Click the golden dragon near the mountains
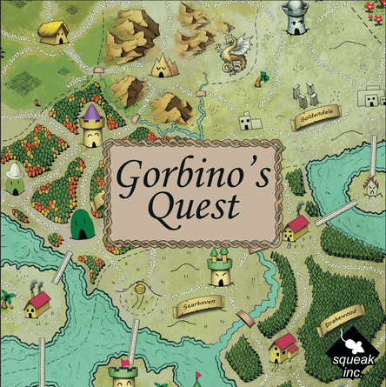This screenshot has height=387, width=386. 232,54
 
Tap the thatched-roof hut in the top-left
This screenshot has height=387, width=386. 54,32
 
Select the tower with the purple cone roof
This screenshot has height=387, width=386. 91,125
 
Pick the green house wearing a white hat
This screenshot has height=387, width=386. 15,181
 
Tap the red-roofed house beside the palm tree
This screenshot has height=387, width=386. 37,304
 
